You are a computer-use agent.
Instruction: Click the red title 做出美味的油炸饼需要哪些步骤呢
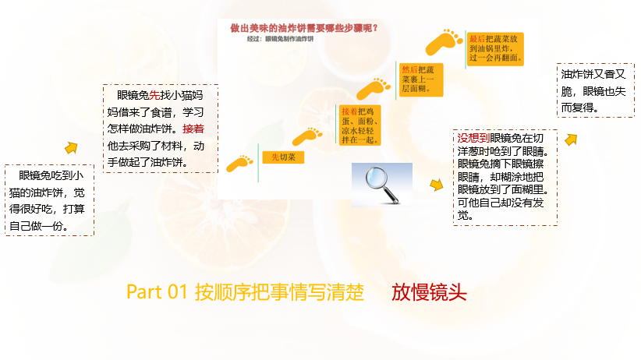coord(304,28)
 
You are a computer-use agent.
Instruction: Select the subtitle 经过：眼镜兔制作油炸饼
coord(280,39)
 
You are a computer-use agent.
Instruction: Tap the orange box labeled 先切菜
coord(283,157)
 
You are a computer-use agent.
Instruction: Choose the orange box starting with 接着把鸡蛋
coord(359,125)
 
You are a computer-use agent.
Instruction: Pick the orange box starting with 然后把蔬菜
coord(420,79)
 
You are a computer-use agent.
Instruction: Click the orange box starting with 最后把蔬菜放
coord(495,48)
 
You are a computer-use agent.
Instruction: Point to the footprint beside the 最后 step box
coord(444,41)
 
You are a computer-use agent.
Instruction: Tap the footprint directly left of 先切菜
coord(239,163)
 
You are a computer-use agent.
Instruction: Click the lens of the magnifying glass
coord(377,178)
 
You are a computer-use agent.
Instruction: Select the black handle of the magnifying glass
coord(391,196)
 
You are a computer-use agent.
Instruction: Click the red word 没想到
coord(473,138)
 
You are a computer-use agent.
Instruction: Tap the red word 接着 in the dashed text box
coord(193,129)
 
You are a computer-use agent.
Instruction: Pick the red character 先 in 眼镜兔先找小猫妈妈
coord(154,95)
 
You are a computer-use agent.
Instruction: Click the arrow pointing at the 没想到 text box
coord(437,185)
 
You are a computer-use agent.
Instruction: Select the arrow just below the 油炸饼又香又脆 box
coord(571,139)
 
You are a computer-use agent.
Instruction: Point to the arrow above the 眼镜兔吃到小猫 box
coord(72,147)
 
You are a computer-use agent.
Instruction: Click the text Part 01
coord(157,291)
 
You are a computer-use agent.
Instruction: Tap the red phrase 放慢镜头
coord(429,292)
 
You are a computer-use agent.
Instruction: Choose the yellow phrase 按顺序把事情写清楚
coord(279,292)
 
